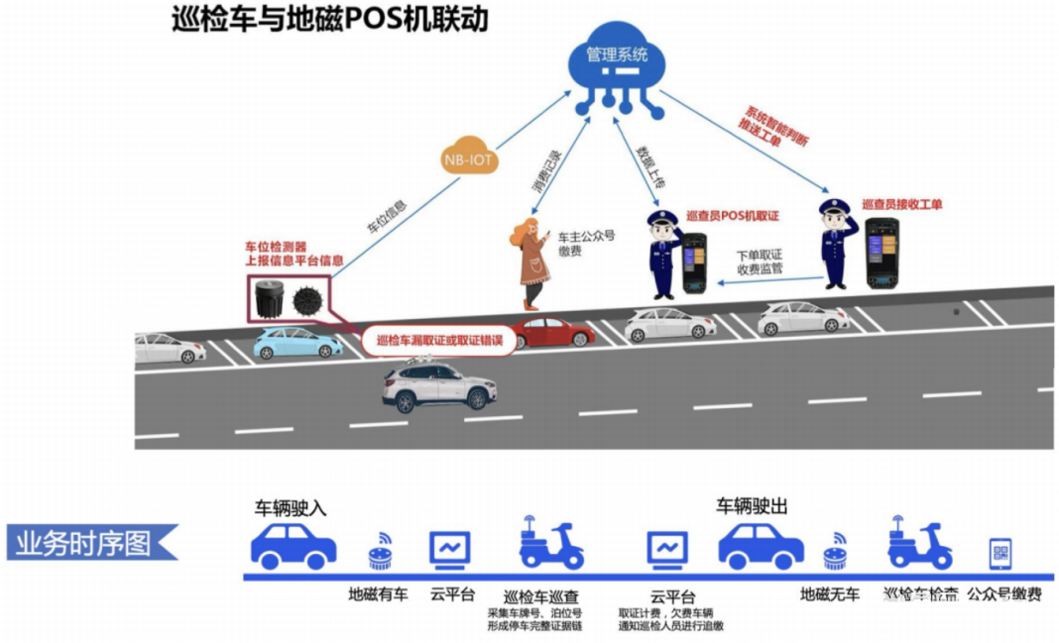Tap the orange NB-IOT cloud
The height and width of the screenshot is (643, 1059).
click(x=470, y=159)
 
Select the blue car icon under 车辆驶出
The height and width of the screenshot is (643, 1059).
click(x=761, y=546)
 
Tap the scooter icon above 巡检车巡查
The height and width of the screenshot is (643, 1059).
click(x=549, y=544)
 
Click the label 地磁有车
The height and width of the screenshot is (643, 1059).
click(x=378, y=595)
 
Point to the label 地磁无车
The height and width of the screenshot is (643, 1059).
click(x=830, y=595)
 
